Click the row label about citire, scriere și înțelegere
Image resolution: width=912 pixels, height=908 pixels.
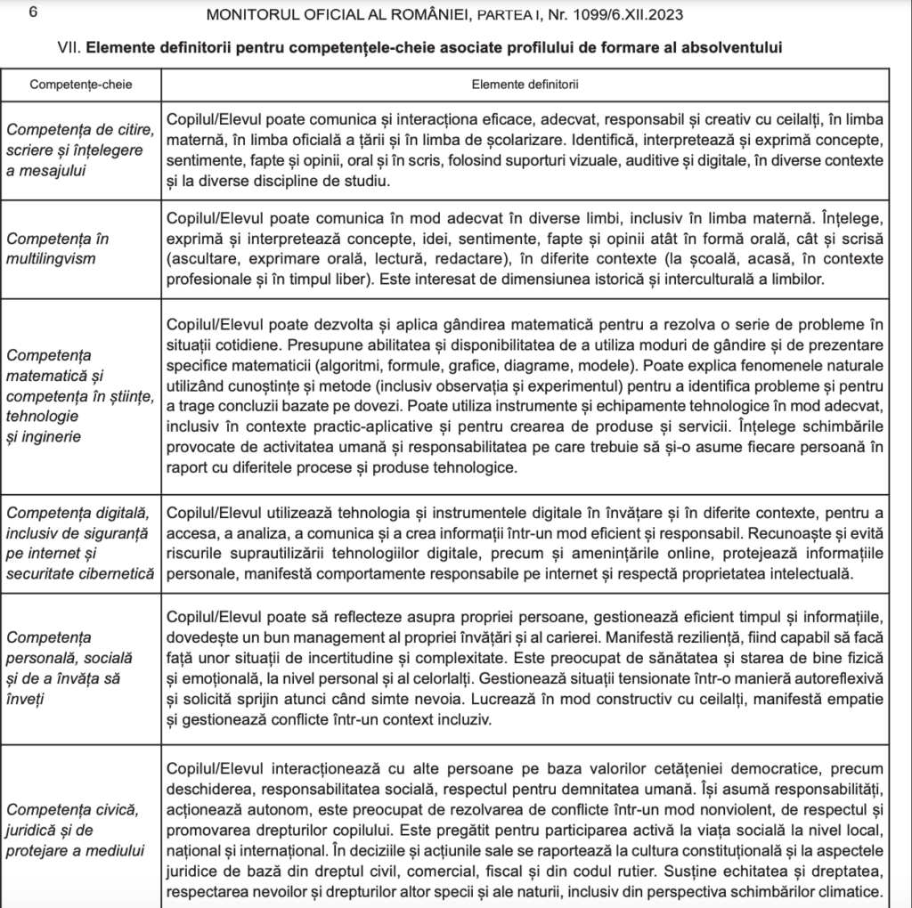click(x=80, y=150)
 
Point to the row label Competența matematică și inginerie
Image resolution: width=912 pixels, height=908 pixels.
click(x=80, y=395)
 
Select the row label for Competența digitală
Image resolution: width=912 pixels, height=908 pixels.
click(x=80, y=543)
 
